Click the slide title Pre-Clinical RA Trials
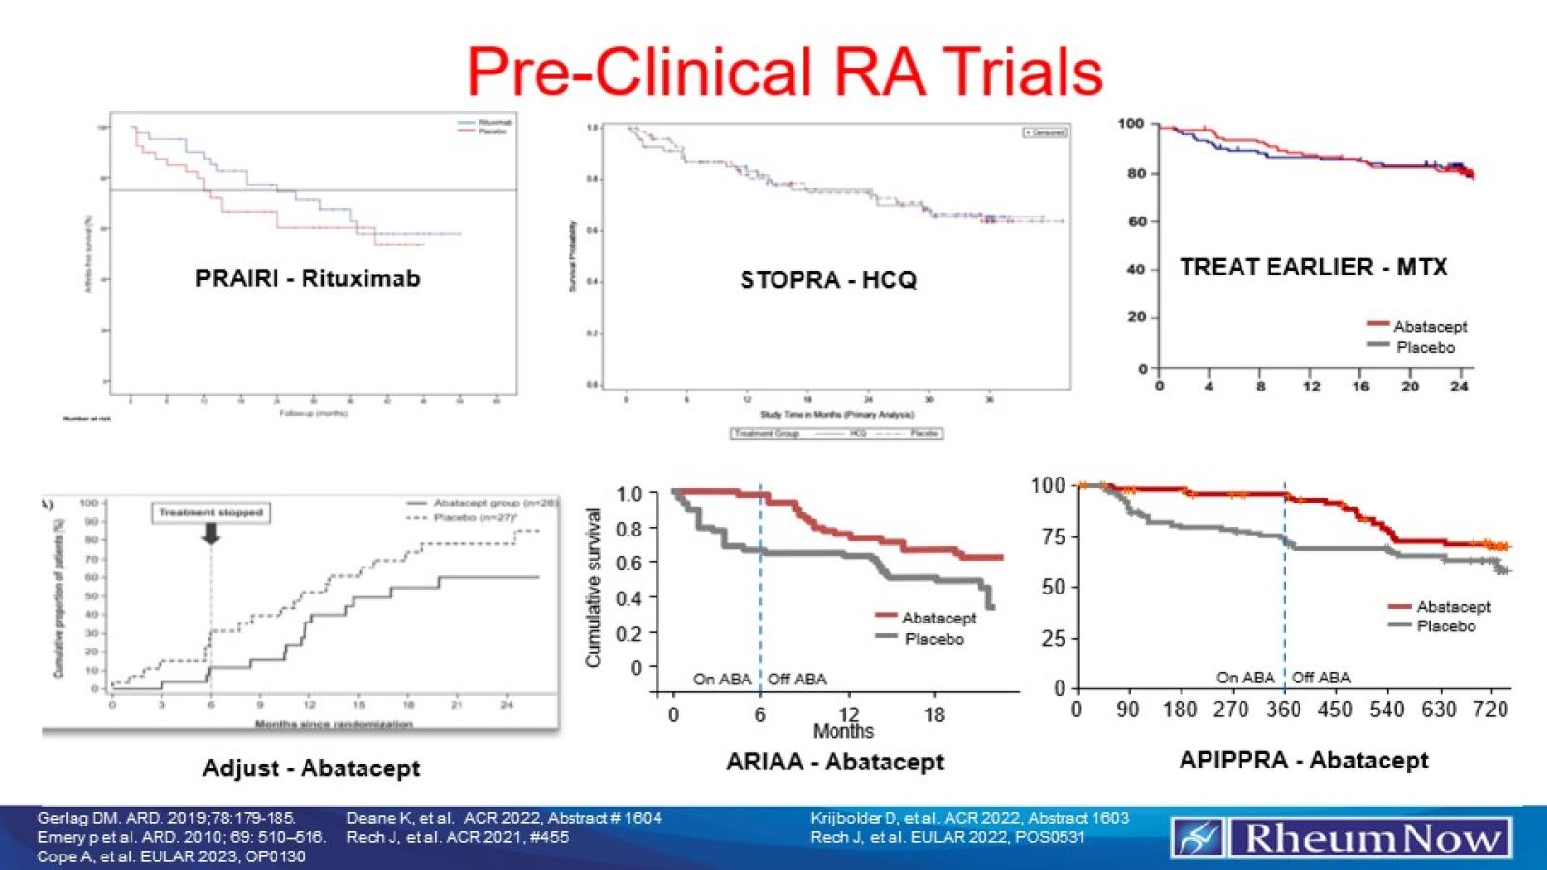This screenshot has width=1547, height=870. [784, 71]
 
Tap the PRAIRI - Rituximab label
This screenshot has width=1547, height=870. [307, 278]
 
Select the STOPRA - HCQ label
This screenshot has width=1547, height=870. [828, 280]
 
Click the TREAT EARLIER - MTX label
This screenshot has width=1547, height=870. [1313, 267]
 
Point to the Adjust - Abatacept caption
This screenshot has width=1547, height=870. [310, 768]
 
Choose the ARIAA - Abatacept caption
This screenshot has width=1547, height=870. [834, 762]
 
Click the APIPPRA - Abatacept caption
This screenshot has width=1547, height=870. [1303, 761]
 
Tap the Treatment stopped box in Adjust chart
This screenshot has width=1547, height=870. [211, 512]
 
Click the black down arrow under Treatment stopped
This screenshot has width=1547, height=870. [211, 533]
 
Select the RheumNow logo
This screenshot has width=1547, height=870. [1341, 837]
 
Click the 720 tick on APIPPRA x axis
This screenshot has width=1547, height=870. [1490, 710]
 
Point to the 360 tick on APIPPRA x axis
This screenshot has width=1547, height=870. [1283, 710]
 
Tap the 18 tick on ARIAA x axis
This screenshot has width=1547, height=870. [934, 715]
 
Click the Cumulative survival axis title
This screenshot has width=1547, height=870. [594, 588]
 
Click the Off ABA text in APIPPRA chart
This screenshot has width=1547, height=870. [1321, 678]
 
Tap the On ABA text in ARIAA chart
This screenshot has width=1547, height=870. [721, 679]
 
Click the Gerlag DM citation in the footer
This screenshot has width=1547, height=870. [166, 818]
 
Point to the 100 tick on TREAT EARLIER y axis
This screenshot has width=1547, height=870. [1130, 124]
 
